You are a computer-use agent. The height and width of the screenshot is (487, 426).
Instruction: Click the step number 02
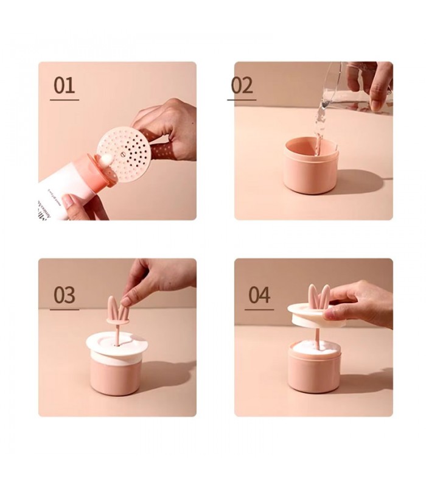click(x=242, y=85)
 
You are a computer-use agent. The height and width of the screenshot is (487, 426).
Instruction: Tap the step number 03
click(x=64, y=295)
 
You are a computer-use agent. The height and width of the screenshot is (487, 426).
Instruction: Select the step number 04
click(x=259, y=295)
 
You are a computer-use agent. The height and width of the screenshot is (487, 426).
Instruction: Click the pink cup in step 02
click(x=310, y=170)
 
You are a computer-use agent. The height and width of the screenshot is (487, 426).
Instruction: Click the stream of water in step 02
click(x=318, y=125)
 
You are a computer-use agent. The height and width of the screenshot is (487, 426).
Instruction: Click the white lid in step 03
click(x=117, y=344)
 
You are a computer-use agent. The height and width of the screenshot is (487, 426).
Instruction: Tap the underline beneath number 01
click(x=64, y=100)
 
